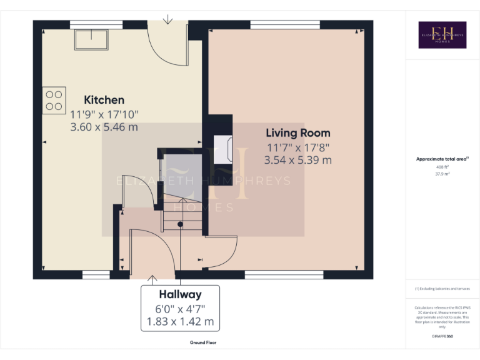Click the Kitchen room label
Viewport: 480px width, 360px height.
pyautogui.click(x=104, y=100)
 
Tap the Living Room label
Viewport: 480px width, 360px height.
pyautogui.click(x=298, y=133)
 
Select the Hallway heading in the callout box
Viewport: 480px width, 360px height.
pyautogui.click(x=180, y=294)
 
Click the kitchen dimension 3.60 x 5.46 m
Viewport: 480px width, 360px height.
pyautogui.click(x=104, y=127)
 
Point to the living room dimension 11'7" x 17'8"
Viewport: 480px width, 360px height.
pyautogui.click(x=297, y=148)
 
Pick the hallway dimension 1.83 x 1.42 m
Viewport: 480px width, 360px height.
pyautogui.click(x=180, y=322)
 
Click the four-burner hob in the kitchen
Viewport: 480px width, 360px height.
pyautogui.click(x=54, y=100)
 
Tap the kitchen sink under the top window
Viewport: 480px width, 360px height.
pyautogui.click(x=90, y=39)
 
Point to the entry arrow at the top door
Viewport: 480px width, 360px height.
pyautogui.click(x=167, y=19)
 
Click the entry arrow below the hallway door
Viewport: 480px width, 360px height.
pyautogui.click(x=152, y=279)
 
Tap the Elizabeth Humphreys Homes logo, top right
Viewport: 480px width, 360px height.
pyautogui.click(x=442, y=35)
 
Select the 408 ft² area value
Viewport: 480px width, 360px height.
pyautogui.click(x=442, y=167)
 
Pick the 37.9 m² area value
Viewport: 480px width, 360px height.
pyautogui.click(x=442, y=174)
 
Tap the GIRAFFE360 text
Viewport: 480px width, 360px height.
pyautogui.click(x=442, y=337)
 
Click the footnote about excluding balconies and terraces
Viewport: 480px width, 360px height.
pyautogui.click(x=442, y=289)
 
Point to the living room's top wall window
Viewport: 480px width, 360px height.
pyautogui.click(x=284, y=25)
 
